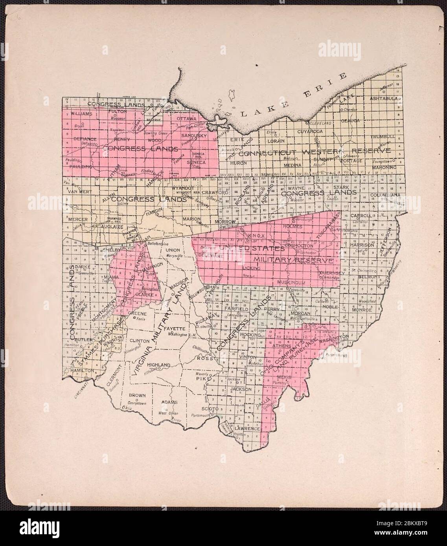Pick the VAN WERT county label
(x=77, y=192)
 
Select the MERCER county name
(x=77, y=220)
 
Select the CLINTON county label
(x=139, y=341)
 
